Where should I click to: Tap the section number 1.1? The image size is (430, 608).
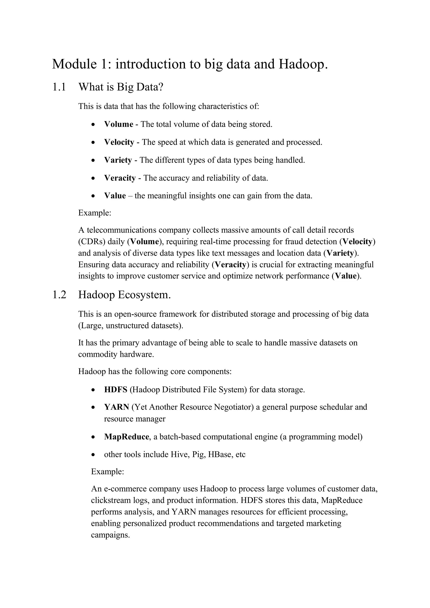click(x=59, y=87)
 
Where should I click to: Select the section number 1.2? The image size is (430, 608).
click(x=59, y=295)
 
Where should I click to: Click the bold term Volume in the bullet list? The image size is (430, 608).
click(x=118, y=124)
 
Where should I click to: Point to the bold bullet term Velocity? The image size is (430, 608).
click(x=119, y=142)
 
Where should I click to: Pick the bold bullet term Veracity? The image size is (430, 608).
click(x=120, y=178)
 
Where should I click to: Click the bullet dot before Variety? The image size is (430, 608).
click(x=93, y=160)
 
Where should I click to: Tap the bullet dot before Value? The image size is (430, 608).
click(x=93, y=196)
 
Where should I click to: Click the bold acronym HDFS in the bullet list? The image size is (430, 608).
click(x=115, y=390)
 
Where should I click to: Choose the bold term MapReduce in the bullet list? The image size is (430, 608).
click(x=126, y=437)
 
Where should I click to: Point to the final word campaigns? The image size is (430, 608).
click(x=110, y=535)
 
